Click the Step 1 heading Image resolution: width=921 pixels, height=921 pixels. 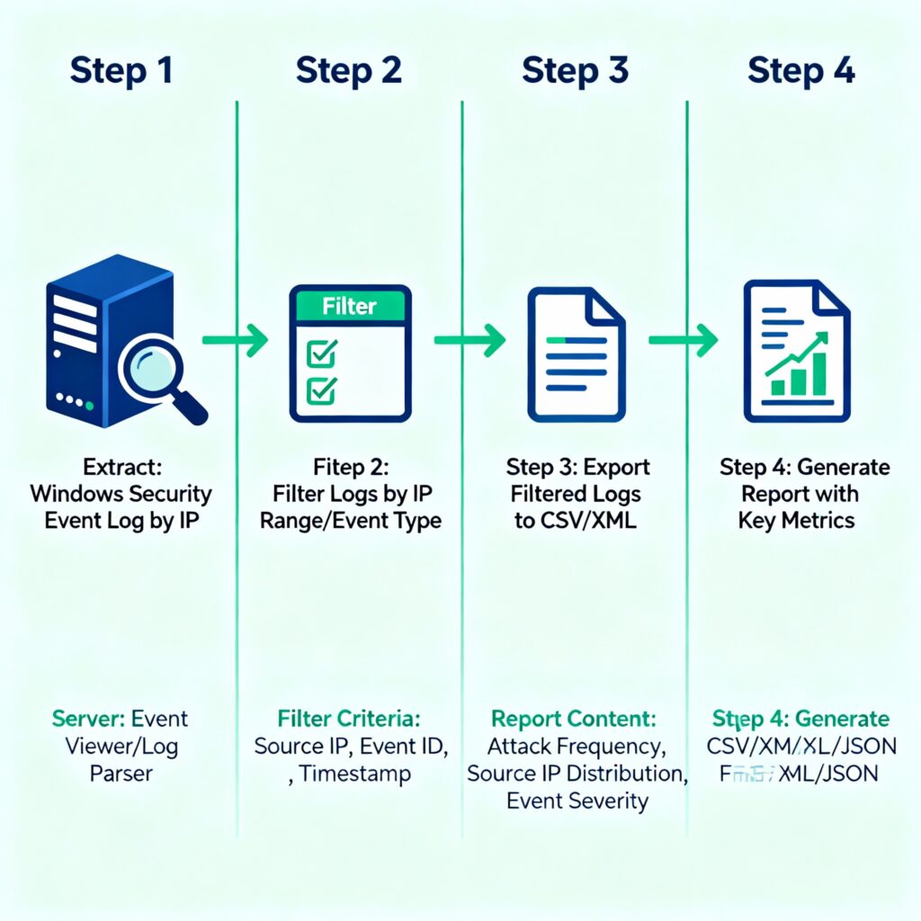pos(121,70)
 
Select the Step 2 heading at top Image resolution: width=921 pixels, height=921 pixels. pos(348,70)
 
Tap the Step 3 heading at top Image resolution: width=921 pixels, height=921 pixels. pos(575,70)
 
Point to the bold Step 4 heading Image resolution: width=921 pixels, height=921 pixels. pos(800,70)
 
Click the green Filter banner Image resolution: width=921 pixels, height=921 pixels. pos(350,307)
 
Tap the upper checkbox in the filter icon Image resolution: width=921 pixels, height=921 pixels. pos(322,353)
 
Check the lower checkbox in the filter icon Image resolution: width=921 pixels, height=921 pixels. pos(322,390)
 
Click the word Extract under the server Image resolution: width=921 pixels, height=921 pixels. pos(121,468)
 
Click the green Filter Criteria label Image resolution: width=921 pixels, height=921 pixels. pos(349,720)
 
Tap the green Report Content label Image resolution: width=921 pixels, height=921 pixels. pos(574,720)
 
